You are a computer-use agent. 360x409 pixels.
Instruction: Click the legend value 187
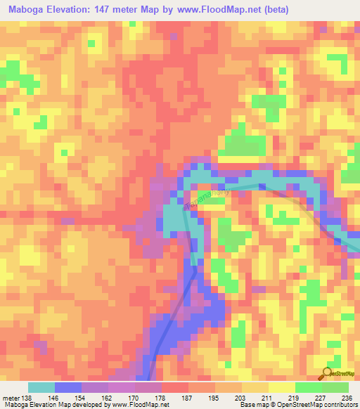click(x=188, y=397)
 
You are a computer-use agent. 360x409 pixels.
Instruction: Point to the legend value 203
click(x=241, y=397)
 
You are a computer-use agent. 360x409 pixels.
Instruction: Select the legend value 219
click(x=295, y=397)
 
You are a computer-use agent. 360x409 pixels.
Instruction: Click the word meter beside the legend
click(x=10, y=397)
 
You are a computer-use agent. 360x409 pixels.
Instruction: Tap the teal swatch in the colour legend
click(x=41, y=387)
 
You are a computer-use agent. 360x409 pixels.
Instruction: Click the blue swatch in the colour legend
click(x=67, y=387)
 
